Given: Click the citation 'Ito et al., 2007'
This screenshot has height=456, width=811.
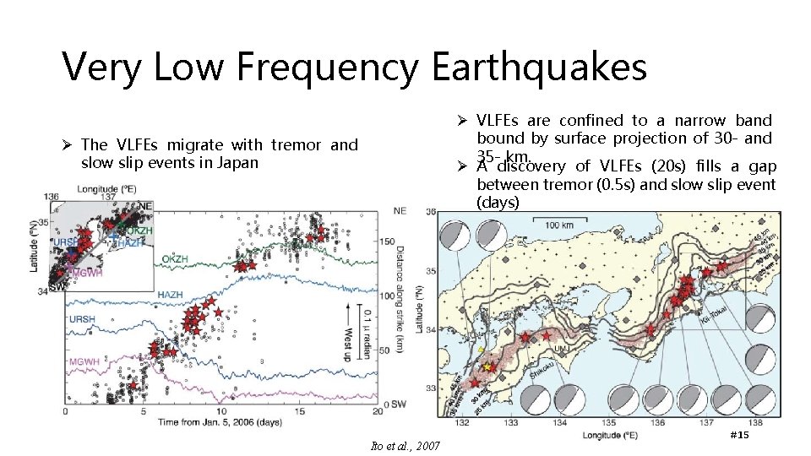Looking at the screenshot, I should coord(405,445).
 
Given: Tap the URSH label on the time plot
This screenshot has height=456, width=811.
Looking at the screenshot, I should coord(82,320).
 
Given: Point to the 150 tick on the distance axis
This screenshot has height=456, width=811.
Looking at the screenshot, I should coord(388,242).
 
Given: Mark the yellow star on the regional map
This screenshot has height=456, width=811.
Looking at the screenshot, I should coord(487,368).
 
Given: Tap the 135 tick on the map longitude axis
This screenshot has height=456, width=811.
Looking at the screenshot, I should coord(607,422).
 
